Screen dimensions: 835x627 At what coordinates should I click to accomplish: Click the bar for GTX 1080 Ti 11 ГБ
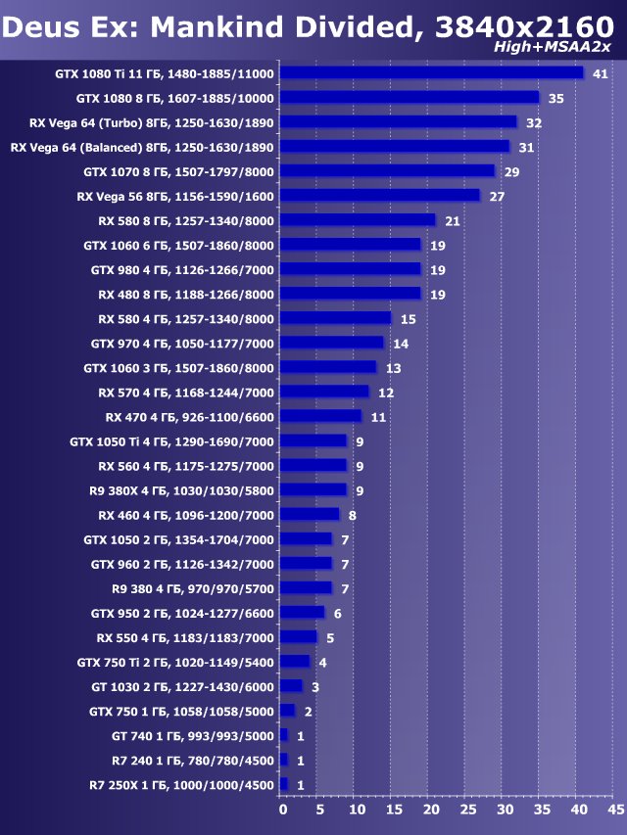(x=431, y=73)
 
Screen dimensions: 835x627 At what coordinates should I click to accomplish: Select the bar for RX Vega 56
(x=379, y=196)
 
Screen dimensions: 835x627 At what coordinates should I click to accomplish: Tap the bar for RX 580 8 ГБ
(x=358, y=220)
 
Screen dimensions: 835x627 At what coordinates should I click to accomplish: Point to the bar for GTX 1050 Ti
(x=313, y=441)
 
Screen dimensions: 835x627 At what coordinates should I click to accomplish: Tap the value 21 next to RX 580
(x=453, y=220)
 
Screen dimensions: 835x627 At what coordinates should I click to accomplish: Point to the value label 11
(x=378, y=416)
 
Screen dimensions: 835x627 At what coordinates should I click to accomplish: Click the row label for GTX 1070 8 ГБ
(x=179, y=171)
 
